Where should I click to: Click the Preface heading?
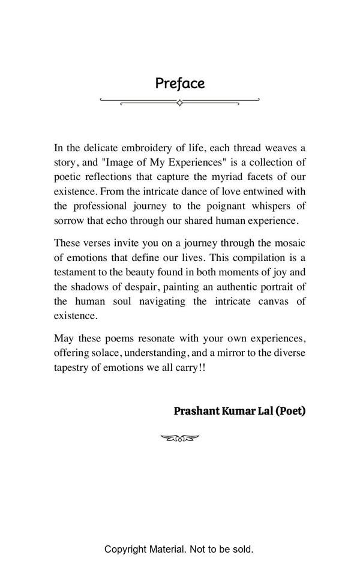180,83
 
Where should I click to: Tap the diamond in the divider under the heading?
179,103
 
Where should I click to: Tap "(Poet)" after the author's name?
290,411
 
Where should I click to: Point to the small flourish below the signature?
180,439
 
